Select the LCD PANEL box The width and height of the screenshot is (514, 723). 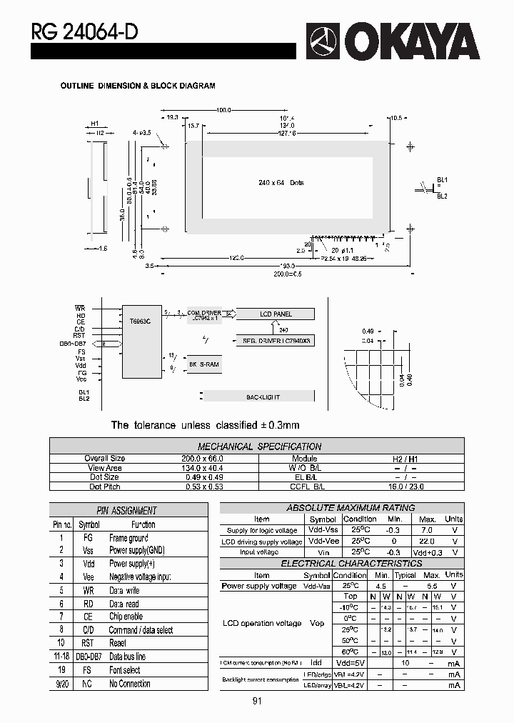coord(275,314)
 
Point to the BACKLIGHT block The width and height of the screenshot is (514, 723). coord(263,396)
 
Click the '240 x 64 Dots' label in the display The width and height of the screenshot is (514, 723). coord(281,183)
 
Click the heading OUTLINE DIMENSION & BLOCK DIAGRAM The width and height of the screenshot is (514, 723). coord(138,86)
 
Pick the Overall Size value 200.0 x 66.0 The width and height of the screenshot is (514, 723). coord(198,459)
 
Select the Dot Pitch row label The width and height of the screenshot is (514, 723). coord(105,487)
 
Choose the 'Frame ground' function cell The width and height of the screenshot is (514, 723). coord(128,537)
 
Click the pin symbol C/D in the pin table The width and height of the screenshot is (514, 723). coord(88,629)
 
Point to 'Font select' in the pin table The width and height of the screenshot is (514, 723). coord(124,670)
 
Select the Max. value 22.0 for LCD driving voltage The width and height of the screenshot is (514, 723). coord(426,542)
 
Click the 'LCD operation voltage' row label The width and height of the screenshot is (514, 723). coord(261,623)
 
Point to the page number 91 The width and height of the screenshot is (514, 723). coord(257,701)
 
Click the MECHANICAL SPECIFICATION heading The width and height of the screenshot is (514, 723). coord(259,447)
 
